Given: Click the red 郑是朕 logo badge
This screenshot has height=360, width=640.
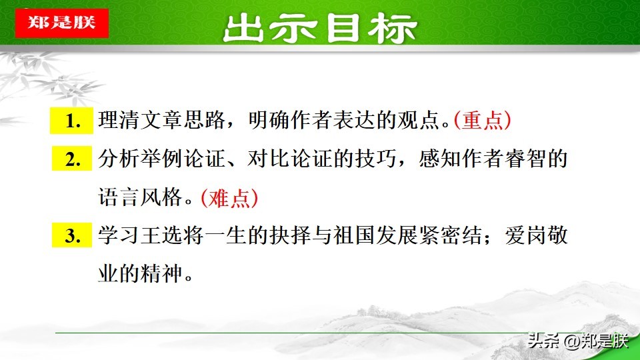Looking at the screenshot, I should pos(61,22).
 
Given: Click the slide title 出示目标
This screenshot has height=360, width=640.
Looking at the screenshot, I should pos(320,28).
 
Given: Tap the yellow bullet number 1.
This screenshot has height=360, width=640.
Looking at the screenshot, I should pos(71,121).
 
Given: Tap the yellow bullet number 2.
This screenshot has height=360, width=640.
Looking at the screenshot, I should pos(71,160).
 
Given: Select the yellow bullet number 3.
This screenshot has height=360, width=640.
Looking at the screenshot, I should pos(71,236).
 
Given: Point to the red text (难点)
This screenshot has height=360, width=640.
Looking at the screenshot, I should pos(229,198).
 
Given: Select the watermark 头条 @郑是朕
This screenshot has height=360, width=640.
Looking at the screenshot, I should pos(577,341).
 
